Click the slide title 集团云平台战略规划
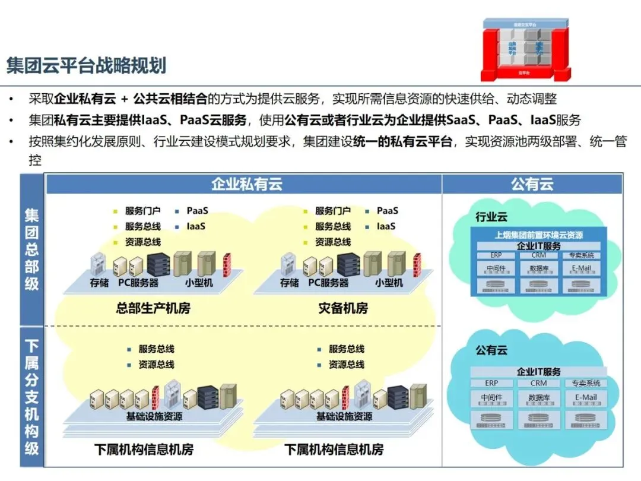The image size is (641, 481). coord(86,65)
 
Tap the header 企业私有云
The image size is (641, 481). coord(246,184)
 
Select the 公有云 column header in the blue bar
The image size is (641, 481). coord(532,184)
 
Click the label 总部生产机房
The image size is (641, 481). coord(153,308)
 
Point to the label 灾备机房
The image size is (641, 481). coord(343,308)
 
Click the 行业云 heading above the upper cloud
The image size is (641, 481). coord(491,217)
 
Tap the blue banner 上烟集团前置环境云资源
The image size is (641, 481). coord(539,235)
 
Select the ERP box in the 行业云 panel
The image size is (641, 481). coord(495,255)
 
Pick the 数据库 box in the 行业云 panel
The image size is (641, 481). coord(539,268)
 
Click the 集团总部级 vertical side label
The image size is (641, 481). coord(31,249)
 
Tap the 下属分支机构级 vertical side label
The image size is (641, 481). coord(31,397)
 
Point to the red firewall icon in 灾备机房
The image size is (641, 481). coord(417,265)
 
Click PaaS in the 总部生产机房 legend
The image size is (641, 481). coord(197,211)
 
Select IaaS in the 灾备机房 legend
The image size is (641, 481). coord(387,226)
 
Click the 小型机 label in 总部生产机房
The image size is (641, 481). coord(199,283)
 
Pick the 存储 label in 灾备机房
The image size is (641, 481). coord(290,283)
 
